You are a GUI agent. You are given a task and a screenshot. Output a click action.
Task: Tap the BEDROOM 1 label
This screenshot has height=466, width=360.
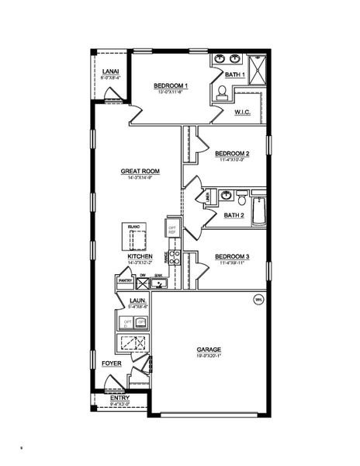tap(168, 85)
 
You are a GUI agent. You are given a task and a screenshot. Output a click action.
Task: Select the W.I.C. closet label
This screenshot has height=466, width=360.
tap(241, 113)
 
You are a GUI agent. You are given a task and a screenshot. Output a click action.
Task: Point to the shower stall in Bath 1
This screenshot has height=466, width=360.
tap(255, 61)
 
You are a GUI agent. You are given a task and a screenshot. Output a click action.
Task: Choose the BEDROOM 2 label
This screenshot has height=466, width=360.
tap(232, 154)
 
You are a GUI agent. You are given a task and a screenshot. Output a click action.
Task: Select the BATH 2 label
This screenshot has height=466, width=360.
tap(234, 215)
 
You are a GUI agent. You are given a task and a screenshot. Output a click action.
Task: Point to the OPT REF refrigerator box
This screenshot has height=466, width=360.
tap(172, 228)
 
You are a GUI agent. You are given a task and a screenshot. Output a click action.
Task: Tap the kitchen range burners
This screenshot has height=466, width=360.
tap(175, 258)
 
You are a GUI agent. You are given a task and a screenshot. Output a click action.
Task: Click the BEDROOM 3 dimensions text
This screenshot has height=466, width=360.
tap(232, 263)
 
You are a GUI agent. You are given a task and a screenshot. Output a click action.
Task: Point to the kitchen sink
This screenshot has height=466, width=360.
tap(158, 283)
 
